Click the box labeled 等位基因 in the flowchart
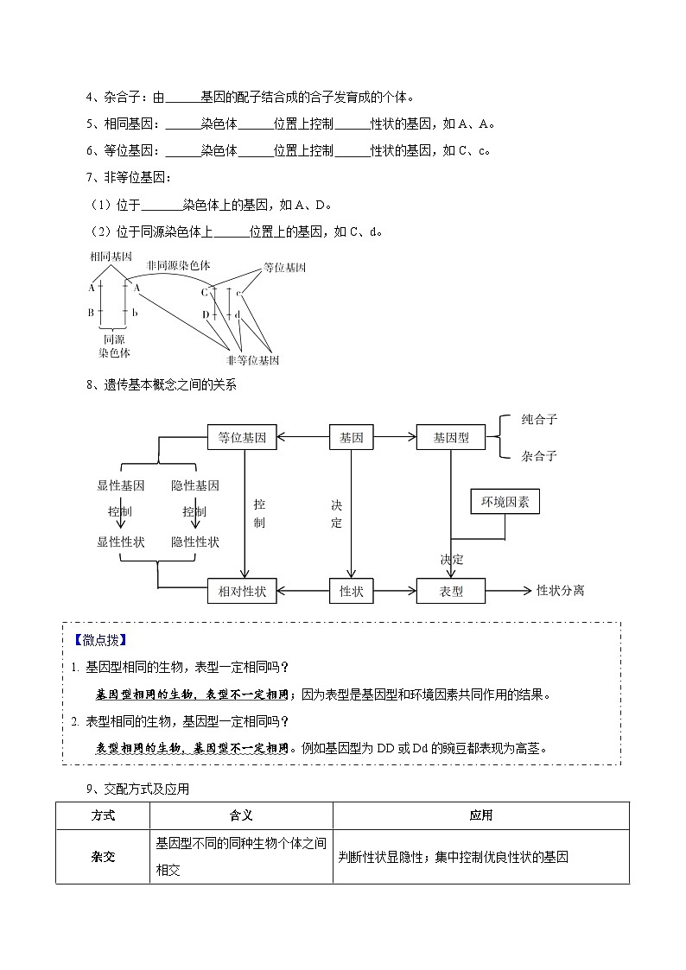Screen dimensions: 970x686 tap(243, 438)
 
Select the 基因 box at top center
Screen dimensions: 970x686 tap(351, 438)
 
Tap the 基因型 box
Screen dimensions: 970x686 tap(451, 438)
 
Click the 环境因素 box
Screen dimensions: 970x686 tap(505, 502)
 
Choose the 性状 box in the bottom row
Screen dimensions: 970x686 tap(351, 592)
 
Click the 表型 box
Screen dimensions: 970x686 tap(451, 592)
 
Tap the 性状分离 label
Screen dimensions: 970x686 tap(561, 591)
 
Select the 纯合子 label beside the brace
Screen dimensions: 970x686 tap(539, 420)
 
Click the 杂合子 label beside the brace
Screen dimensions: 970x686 tap(539, 456)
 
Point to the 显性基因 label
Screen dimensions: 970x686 tap(121, 485)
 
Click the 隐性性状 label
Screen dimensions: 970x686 tap(195, 542)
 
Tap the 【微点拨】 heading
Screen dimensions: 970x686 tap(100, 640)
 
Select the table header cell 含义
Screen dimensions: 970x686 tap(241, 815)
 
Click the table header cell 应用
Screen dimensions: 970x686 tap(480, 815)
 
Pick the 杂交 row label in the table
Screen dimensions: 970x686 tap(103, 857)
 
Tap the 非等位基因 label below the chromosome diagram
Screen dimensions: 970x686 tap(252, 360)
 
